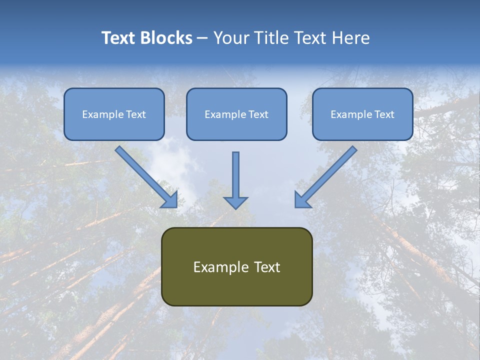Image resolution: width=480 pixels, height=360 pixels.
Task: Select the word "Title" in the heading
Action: [273, 38]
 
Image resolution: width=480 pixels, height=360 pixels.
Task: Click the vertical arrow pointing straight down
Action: [235, 175]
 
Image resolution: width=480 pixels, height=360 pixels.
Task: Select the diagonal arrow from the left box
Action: [142, 173]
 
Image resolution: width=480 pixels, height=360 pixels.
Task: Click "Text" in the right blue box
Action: [384, 114]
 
